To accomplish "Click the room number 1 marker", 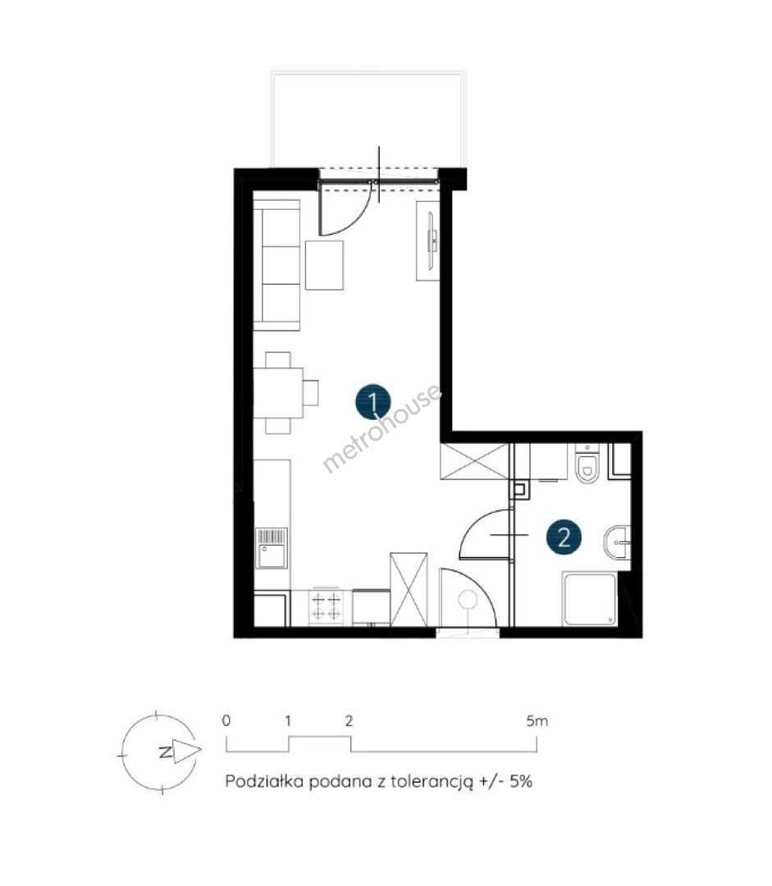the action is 373,402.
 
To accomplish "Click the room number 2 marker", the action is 564,537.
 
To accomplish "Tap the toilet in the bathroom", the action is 587,464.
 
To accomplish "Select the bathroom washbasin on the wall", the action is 617,542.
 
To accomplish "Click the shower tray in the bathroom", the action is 589,599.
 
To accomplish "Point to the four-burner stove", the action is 327,606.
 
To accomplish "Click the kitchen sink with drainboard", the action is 272,548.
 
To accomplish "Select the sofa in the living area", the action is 276,265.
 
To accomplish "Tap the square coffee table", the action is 324,265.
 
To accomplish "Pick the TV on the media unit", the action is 432,241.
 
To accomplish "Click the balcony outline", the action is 369,71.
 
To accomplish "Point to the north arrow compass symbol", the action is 159,752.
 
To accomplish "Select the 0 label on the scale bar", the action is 226,720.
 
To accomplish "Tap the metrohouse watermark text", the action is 381,427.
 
